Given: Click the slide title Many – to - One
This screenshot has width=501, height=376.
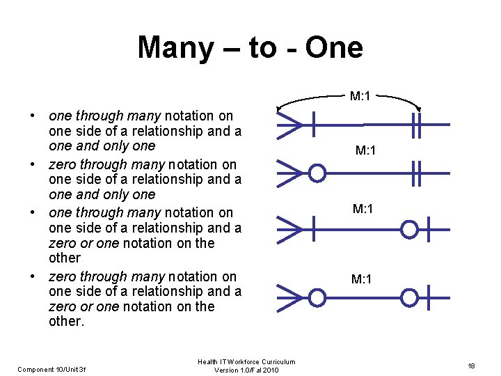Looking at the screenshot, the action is [250, 47].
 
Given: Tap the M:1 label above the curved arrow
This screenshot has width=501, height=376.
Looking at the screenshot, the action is [360, 96].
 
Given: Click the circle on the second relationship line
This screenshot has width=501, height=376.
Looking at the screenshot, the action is [317, 173].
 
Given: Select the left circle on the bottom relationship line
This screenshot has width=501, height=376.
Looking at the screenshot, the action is [317, 297].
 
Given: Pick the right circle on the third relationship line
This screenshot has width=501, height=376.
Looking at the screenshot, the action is [410, 228].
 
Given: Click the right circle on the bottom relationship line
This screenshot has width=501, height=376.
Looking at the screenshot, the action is [410, 297].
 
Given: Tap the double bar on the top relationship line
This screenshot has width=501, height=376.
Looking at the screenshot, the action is [417, 125].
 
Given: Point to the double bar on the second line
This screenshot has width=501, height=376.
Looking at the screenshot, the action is [417, 173].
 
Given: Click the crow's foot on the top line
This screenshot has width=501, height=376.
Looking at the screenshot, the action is [289, 125].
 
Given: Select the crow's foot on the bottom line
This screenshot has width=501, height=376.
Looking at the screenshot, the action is [289, 297].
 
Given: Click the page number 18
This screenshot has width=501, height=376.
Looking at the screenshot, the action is [471, 366].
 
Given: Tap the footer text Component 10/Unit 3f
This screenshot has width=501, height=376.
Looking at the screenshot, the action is [51, 369].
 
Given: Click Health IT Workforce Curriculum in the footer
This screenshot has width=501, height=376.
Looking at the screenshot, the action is [246, 361].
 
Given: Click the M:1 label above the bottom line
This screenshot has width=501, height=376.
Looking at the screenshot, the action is [362, 280].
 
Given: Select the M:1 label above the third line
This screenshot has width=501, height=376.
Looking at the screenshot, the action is [363, 209].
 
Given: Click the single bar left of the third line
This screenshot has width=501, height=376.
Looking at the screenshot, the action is [314, 228].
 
